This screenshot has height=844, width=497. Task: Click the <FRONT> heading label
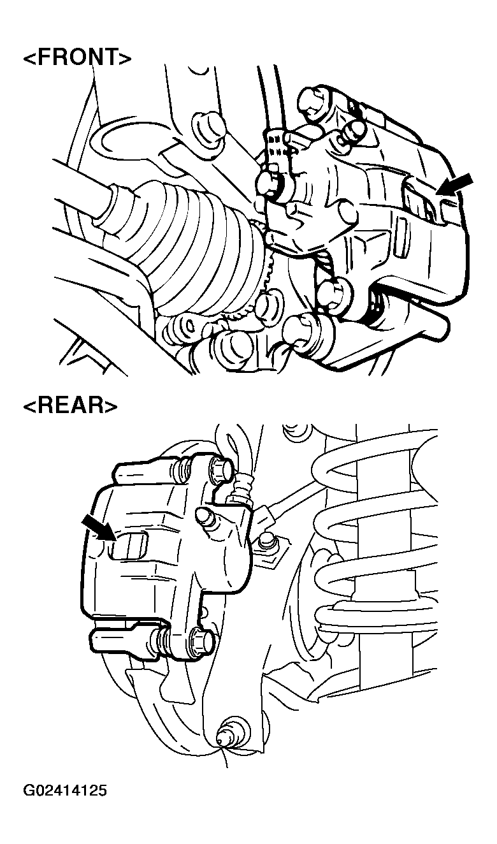[x=78, y=58]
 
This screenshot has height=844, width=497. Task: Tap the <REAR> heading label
[x=70, y=407]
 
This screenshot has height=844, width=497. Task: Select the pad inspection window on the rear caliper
[x=128, y=546]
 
